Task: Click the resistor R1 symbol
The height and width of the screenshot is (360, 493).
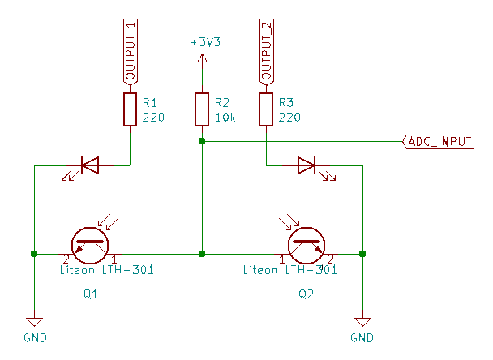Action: pyautogui.click(x=130, y=109)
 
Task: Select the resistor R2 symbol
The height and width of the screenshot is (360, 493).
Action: pyautogui.click(x=202, y=109)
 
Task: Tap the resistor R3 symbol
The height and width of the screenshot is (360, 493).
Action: pyautogui.click(x=266, y=109)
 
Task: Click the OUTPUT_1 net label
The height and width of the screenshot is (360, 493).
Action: pyautogui.click(x=130, y=49)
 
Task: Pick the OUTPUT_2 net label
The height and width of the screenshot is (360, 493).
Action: pyautogui.click(x=266, y=49)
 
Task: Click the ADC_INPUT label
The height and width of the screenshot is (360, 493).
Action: pyautogui.click(x=439, y=141)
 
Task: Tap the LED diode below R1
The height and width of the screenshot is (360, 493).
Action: pyautogui.click(x=89, y=166)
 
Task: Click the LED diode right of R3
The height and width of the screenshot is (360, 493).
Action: pyautogui.click(x=307, y=166)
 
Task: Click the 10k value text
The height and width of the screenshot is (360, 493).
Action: pyautogui.click(x=225, y=118)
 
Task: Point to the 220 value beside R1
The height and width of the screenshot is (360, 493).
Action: pyautogui.click(x=153, y=118)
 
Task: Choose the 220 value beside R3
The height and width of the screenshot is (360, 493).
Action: pyautogui.click(x=289, y=118)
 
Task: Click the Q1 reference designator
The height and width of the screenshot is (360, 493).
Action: pyautogui.click(x=91, y=294)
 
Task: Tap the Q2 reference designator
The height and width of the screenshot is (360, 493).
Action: pyautogui.click(x=307, y=294)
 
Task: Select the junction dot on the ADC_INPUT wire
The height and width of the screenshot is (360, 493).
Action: pyautogui.click(x=202, y=141)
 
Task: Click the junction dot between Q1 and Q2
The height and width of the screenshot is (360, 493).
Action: pyautogui.click(x=202, y=254)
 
